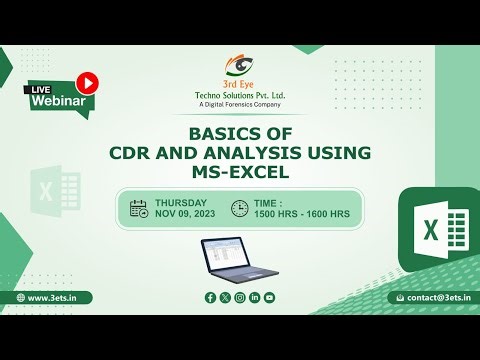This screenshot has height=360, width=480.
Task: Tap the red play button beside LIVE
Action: pos(89,82)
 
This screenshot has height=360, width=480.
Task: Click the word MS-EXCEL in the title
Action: pos(240,172)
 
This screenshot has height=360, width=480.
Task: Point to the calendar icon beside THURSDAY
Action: pos(139,208)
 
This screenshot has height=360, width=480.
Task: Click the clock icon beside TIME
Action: pos(239,208)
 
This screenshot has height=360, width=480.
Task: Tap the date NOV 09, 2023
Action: pos(184,214)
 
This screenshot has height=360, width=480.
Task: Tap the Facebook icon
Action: pos(210,297)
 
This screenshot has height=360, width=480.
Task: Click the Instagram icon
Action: pos(240,297)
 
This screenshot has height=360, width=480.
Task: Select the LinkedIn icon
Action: pos(255,297)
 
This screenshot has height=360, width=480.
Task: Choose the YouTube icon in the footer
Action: pos(270,297)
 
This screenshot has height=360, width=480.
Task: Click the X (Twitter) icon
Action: pos(225,297)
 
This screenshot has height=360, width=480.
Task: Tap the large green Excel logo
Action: pos(436,230)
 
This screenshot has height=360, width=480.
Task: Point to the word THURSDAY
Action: pos(181,201)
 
